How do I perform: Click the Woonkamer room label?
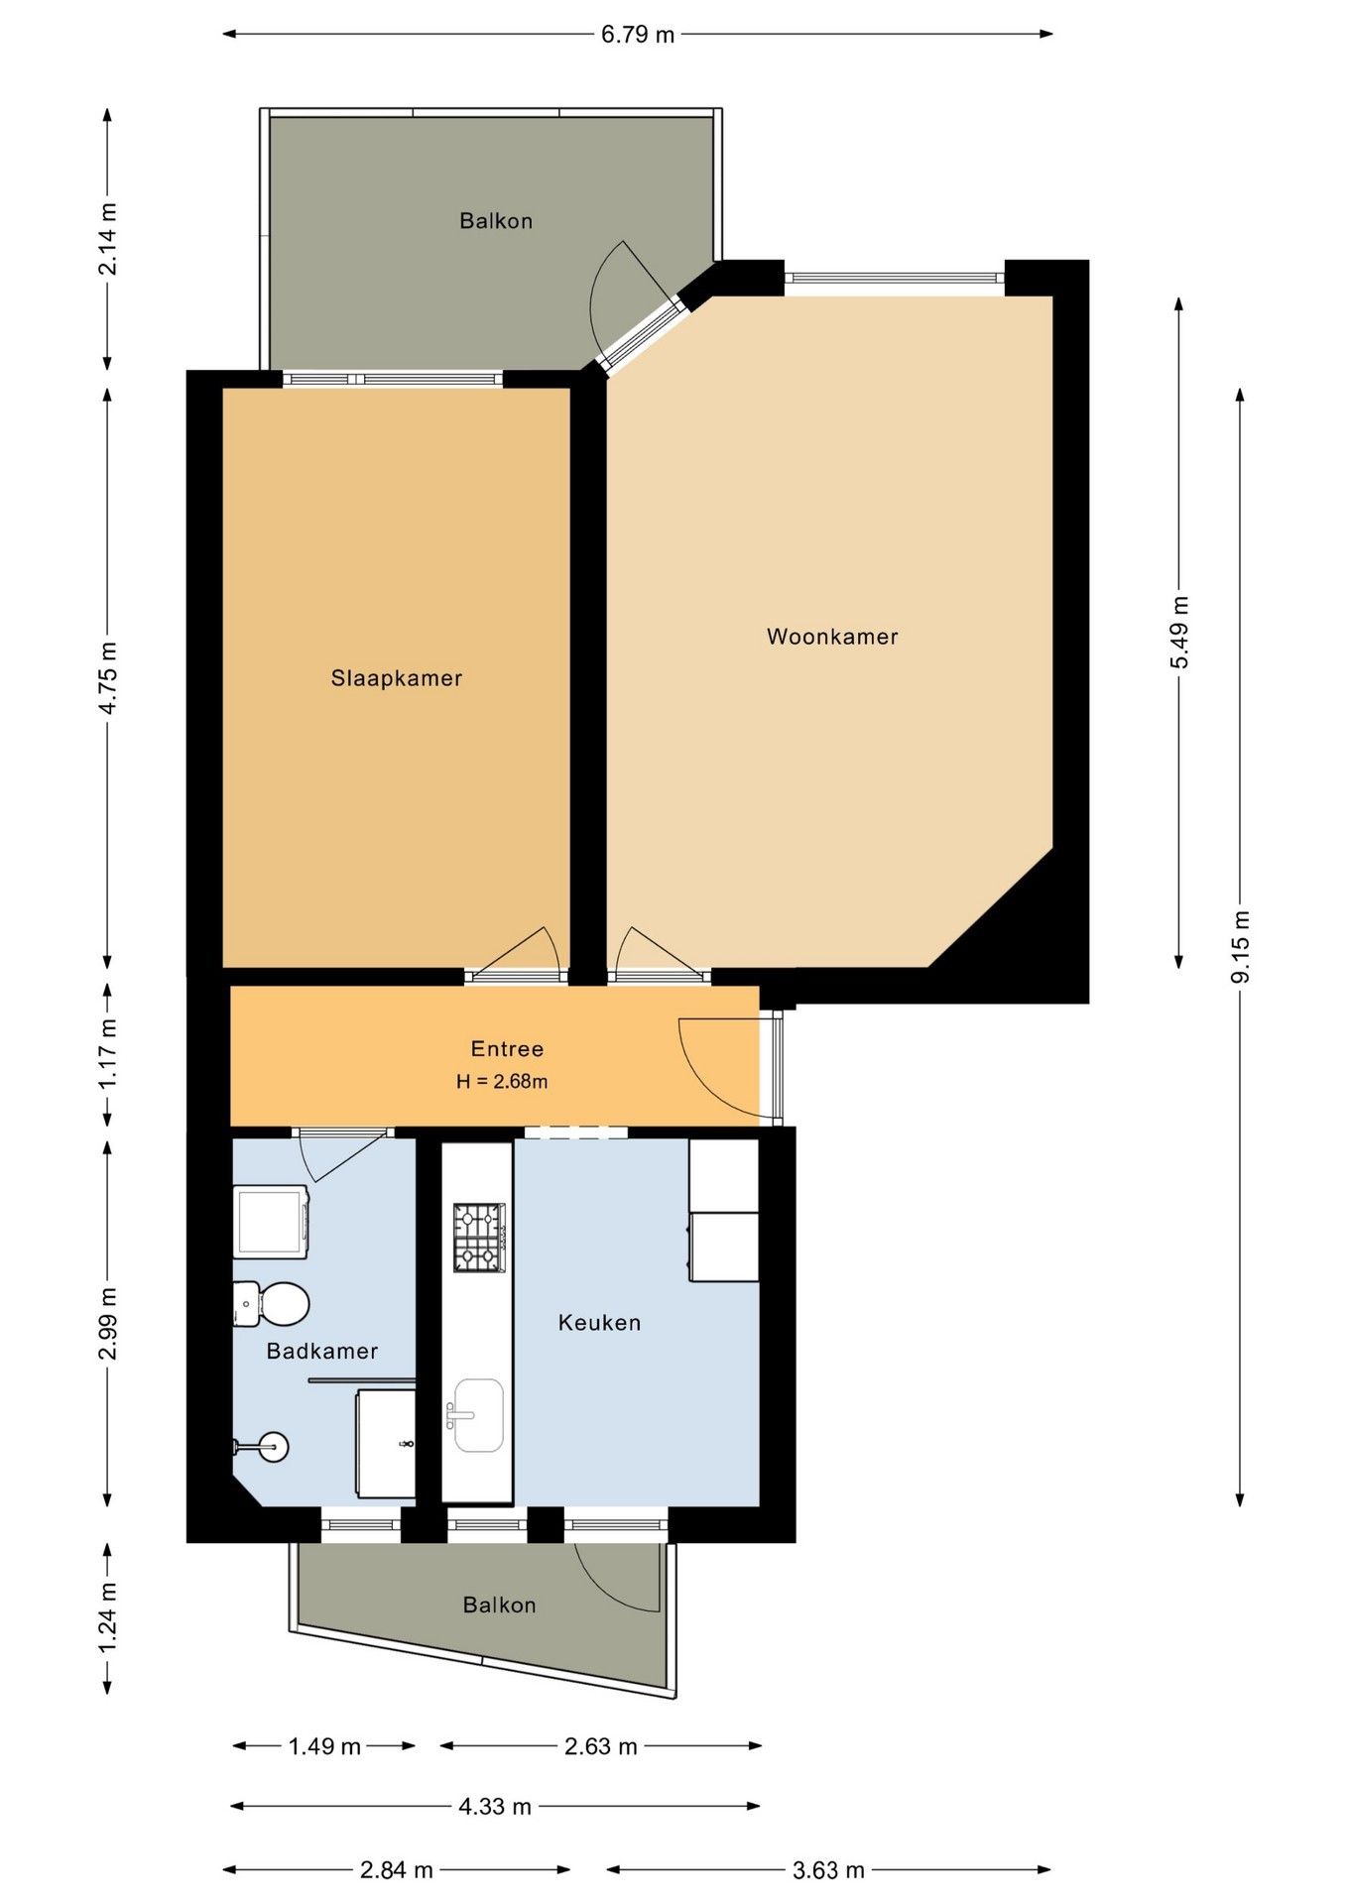832,637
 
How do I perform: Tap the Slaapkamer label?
397,678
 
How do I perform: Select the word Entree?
507,1048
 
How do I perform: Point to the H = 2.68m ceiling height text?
502,1081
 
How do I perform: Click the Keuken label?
599,1322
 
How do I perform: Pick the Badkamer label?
322,1351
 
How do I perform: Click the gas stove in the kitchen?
480,1237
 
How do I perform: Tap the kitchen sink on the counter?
477,1415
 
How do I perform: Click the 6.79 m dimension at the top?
638,35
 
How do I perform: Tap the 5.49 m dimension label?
1179,633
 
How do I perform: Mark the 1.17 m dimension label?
107,1054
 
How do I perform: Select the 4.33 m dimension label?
495,1807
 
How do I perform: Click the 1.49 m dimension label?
324,1746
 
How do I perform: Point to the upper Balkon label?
496,221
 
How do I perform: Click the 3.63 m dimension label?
828,1870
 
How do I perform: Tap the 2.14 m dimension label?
107,239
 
